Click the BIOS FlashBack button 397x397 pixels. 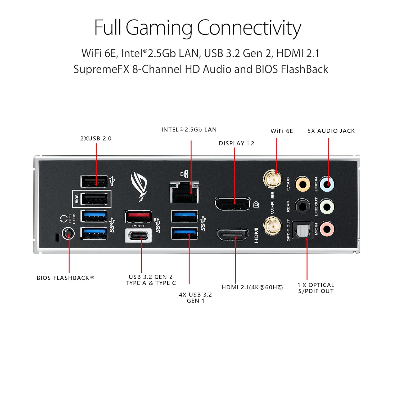[68, 234]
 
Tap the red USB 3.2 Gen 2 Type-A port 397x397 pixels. [138, 216]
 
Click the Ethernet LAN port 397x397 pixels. [184, 192]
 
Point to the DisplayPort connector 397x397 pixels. [232, 204]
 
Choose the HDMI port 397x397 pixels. [232, 235]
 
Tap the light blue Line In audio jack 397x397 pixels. [327, 184]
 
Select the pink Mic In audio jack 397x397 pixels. [327, 229]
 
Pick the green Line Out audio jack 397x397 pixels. [327, 206]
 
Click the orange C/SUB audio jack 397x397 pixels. [303, 184]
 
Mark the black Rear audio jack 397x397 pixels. [303, 206]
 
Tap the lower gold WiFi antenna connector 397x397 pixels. [273, 226]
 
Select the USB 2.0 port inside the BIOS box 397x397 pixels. [94, 199]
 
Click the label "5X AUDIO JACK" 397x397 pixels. [331, 131]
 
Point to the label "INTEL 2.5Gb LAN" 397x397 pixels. [189, 130]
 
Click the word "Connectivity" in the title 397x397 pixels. [249, 28]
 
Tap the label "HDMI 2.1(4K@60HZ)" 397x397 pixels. [252, 287]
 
